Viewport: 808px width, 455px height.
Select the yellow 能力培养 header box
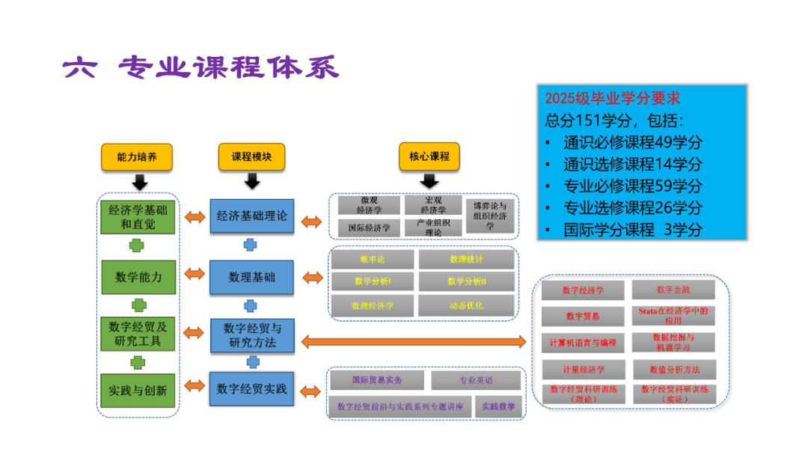coord(137,157)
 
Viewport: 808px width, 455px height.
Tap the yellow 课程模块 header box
coord(251,157)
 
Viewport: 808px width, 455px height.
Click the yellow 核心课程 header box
coord(429,157)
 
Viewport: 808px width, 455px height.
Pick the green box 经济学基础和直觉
coord(138,216)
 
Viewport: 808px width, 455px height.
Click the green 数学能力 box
coord(138,277)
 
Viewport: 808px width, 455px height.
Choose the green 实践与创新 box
coord(138,390)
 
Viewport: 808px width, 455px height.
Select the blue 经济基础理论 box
coord(251,216)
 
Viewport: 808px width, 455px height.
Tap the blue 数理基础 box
coord(251,277)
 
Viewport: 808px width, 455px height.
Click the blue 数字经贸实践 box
coord(251,389)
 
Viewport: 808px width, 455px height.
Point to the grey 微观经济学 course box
coord(369,205)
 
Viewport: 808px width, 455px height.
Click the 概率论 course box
coord(372,260)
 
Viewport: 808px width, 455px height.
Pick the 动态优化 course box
coord(466,305)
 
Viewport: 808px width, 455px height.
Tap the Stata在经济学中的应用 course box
coord(673,315)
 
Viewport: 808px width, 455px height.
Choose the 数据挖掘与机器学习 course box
coord(673,342)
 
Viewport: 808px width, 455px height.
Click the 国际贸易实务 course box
coord(377,380)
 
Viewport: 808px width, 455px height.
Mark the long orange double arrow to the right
coord(414,342)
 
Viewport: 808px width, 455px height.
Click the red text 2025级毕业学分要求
coord(612,98)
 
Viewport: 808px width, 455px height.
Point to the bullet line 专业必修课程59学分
coord(632,186)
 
